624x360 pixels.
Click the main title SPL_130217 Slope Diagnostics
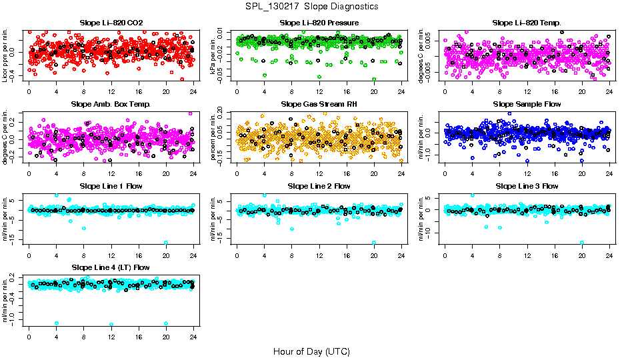click(x=311, y=6)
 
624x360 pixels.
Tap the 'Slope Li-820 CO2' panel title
click(x=111, y=23)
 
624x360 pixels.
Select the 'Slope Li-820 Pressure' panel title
click(x=319, y=23)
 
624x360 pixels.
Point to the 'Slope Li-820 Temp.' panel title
click(x=527, y=23)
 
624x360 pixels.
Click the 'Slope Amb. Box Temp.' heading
click(x=111, y=105)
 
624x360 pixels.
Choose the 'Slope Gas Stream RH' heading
click(x=319, y=105)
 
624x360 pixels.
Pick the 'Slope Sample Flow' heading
click(x=527, y=105)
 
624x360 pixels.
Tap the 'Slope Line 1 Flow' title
click(x=111, y=186)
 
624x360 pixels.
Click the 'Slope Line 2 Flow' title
click(x=319, y=186)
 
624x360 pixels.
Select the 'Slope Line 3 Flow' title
click(x=527, y=186)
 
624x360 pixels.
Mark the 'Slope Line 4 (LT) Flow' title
click(x=111, y=268)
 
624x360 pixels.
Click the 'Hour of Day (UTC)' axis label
click(x=311, y=351)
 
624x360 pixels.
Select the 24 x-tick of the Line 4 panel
click(x=193, y=337)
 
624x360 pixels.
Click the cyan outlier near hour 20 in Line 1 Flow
click(x=166, y=243)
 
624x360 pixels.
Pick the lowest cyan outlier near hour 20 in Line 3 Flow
click(x=582, y=243)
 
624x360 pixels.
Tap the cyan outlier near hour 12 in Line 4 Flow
click(x=111, y=325)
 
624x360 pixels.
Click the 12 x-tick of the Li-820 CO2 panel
click(x=111, y=92)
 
